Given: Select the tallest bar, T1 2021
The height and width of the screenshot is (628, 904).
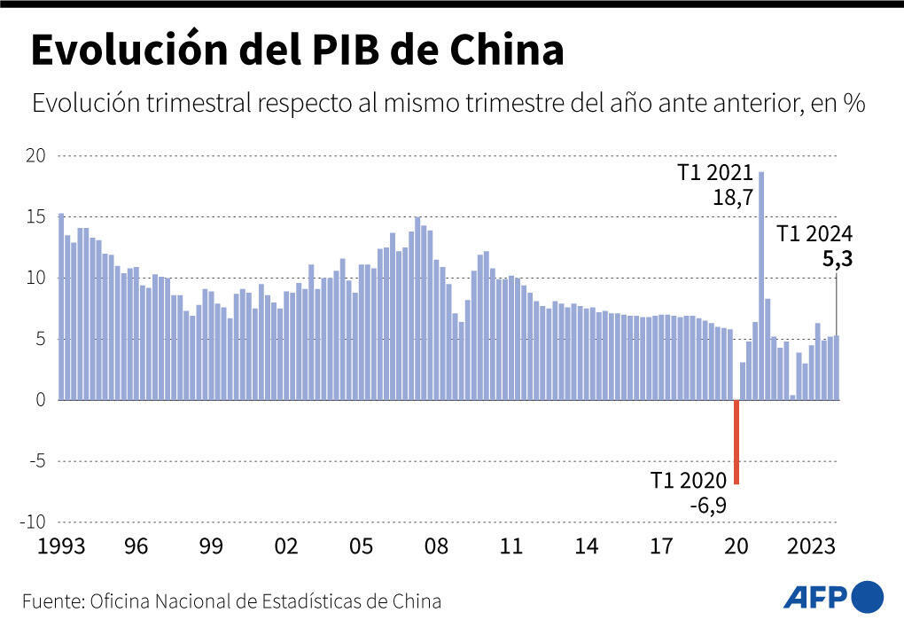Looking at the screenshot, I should pyautogui.click(x=761, y=284).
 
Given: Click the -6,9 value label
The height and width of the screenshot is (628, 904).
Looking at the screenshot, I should pyautogui.click(x=707, y=506).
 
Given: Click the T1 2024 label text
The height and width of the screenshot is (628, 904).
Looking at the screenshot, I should pyautogui.click(x=814, y=235).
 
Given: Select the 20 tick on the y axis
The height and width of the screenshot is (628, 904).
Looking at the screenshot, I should pyautogui.click(x=35, y=156).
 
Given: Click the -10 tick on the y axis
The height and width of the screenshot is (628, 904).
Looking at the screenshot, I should pyautogui.click(x=31, y=522).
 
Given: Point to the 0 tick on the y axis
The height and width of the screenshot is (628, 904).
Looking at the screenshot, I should pyautogui.click(x=39, y=400).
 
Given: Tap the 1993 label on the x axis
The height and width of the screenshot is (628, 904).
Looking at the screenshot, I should pyautogui.click(x=60, y=546).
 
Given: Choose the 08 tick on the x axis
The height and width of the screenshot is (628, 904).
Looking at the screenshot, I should pyautogui.click(x=436, y=546).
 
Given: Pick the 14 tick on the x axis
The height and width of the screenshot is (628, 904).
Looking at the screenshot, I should pyautogui.click(x=586, y=546).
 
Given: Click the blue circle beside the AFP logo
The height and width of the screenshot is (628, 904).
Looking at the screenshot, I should pyautogui.click(x=867, y=595).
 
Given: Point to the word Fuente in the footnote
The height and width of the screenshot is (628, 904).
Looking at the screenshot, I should pyautogui.click(x=51, y=601).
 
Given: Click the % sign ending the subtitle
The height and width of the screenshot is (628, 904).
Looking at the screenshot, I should pyautogui.click(x=853, y=104).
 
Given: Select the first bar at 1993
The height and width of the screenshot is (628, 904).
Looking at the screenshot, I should pyautogui.click(x=61, y=306).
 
